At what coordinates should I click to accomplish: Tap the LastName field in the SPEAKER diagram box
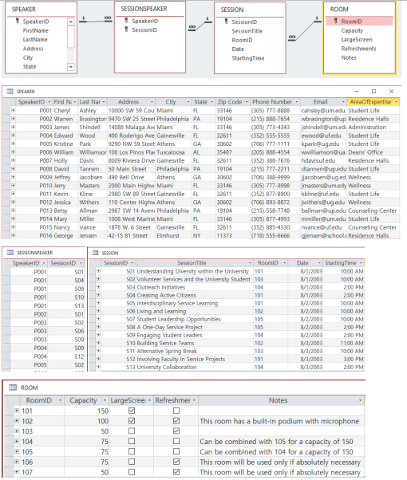35,38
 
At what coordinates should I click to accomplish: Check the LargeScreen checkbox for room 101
132,411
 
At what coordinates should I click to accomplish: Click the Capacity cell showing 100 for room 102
89,421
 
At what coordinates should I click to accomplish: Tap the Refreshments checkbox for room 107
176,472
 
